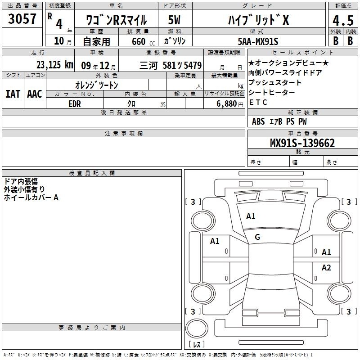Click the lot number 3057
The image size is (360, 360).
pos(22,19)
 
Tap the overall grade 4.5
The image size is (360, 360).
pos(343,20)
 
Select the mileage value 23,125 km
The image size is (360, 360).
pos(54,65)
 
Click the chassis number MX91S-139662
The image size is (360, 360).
pos(302,143)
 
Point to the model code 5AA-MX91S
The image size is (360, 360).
pos(258,41)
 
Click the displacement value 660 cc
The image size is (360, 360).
pos(144,42)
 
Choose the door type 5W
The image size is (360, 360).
pos(174,20)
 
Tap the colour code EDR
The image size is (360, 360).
pos(75,104)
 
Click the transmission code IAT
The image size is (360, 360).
pos(13,94)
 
